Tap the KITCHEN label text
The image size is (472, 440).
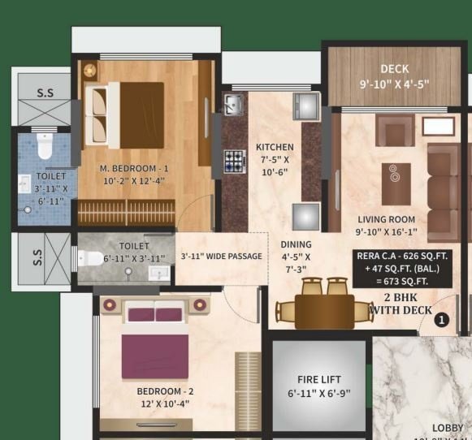275,147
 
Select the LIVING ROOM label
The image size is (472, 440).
386,219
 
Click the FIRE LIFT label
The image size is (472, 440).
319,380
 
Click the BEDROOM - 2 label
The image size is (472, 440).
165,390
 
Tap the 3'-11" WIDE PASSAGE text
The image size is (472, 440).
221,257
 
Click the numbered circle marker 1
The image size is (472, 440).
441,320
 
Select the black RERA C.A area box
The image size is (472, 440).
401,268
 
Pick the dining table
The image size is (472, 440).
323,311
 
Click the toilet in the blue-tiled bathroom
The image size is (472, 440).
45,147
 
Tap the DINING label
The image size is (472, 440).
296,244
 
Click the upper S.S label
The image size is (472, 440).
45,93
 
